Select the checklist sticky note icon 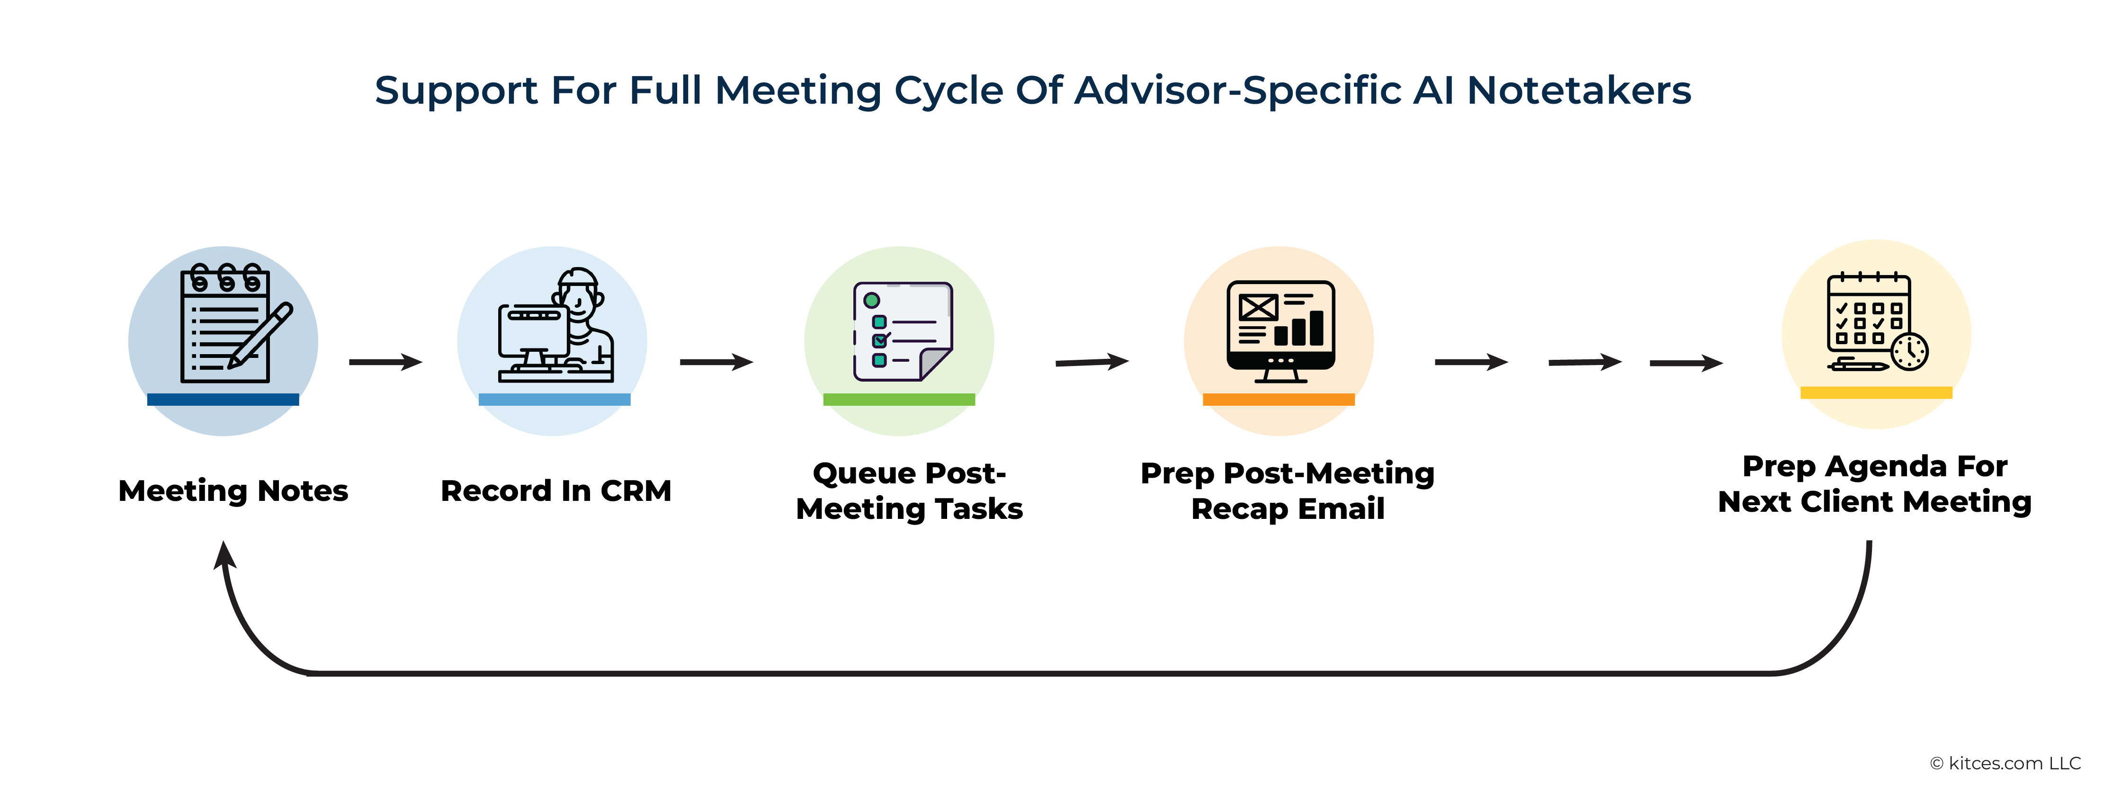(903, 331)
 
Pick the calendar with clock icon (1877, 321)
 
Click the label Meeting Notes (233, 491)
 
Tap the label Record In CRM (556, 491)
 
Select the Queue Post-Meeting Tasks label (909, 491)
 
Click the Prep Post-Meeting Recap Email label (1288, 491)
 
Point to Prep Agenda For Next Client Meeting (1875, 484)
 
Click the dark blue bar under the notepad (223, 400)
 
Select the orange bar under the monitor (1279, 400)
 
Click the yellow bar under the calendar (1877, 393)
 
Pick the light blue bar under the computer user (555, 400)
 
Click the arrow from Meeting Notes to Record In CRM (385, 362)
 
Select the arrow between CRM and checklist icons (716, 362)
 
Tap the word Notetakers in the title (1579, 90)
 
